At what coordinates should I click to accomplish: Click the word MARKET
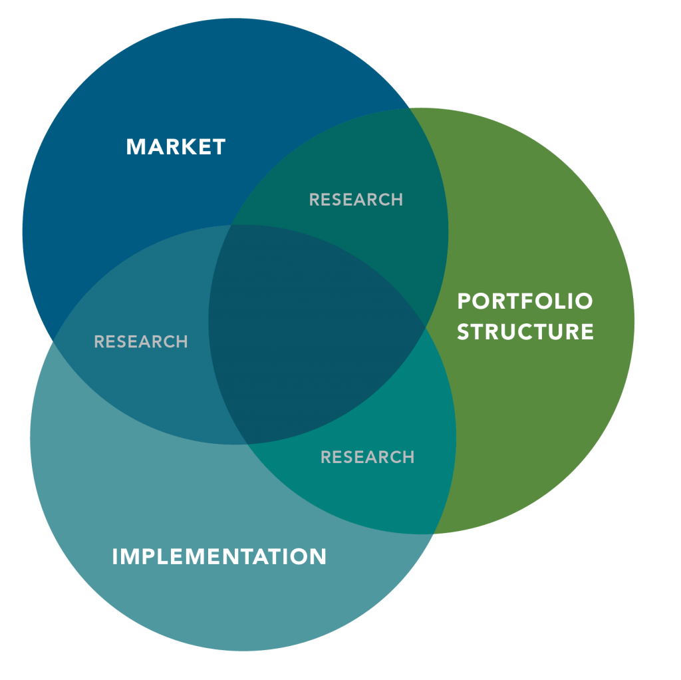point(176,146)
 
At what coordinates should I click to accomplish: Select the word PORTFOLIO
point(525,301)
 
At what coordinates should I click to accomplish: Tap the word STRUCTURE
point(525,331)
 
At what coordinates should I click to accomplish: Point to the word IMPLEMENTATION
point(219,556)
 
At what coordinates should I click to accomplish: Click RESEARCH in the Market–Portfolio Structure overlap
point(356,200)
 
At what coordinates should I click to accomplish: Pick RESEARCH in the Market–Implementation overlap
point(141,341)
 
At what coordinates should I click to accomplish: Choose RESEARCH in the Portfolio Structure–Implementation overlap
point(367,457)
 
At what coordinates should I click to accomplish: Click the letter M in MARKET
point(135,146)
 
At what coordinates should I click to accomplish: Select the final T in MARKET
point(219,146)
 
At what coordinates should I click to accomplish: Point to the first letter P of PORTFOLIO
point(464,301)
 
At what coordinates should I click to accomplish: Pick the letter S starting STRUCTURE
point(464,331)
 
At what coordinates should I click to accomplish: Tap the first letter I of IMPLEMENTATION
point(115,556)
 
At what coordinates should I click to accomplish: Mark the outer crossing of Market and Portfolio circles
point(408,108)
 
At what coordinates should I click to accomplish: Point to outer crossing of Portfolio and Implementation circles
point(434,533)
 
